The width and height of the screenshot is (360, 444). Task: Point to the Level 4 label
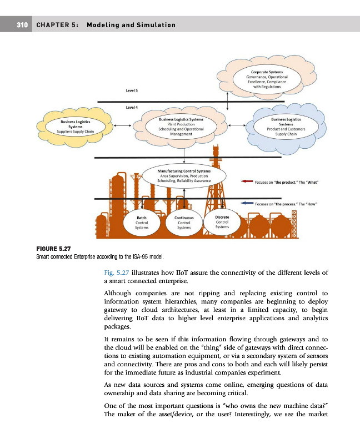coord(132,107)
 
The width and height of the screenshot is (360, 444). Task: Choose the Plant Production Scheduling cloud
coord(181,127)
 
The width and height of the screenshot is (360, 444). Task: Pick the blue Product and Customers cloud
coord(286,127)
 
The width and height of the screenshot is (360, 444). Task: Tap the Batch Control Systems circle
coord(142,223)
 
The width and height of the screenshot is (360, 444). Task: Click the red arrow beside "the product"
coord(247,181)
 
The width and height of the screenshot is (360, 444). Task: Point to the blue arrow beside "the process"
coord(247,204)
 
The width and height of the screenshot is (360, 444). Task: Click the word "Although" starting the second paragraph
coord(120,292)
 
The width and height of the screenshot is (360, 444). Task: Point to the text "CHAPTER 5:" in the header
coord(58,25)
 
